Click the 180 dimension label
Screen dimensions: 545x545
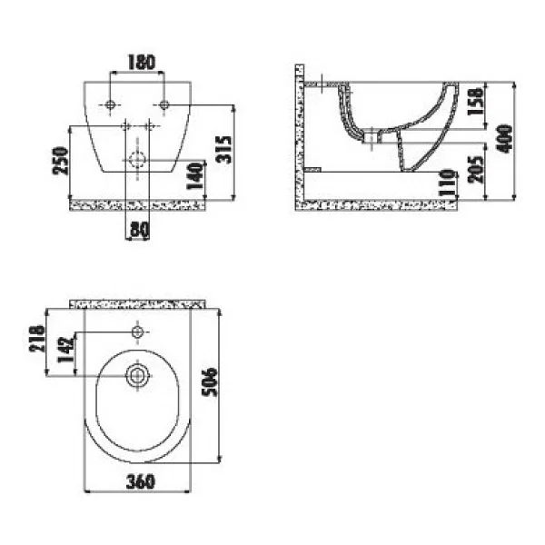pos(141,63)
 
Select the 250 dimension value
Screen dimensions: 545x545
pos(60,160)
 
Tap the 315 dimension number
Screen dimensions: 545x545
pos(223,150)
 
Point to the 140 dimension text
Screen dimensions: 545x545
pos(194,175)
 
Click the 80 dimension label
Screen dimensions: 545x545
pos(140,230)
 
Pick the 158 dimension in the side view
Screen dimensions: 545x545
pos(476,101)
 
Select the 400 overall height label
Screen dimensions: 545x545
pos(505,138)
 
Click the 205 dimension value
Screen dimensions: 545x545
pos(476,169)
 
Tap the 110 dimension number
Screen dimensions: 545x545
pos(448,183)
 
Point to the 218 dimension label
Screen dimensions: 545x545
pos(37,339)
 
